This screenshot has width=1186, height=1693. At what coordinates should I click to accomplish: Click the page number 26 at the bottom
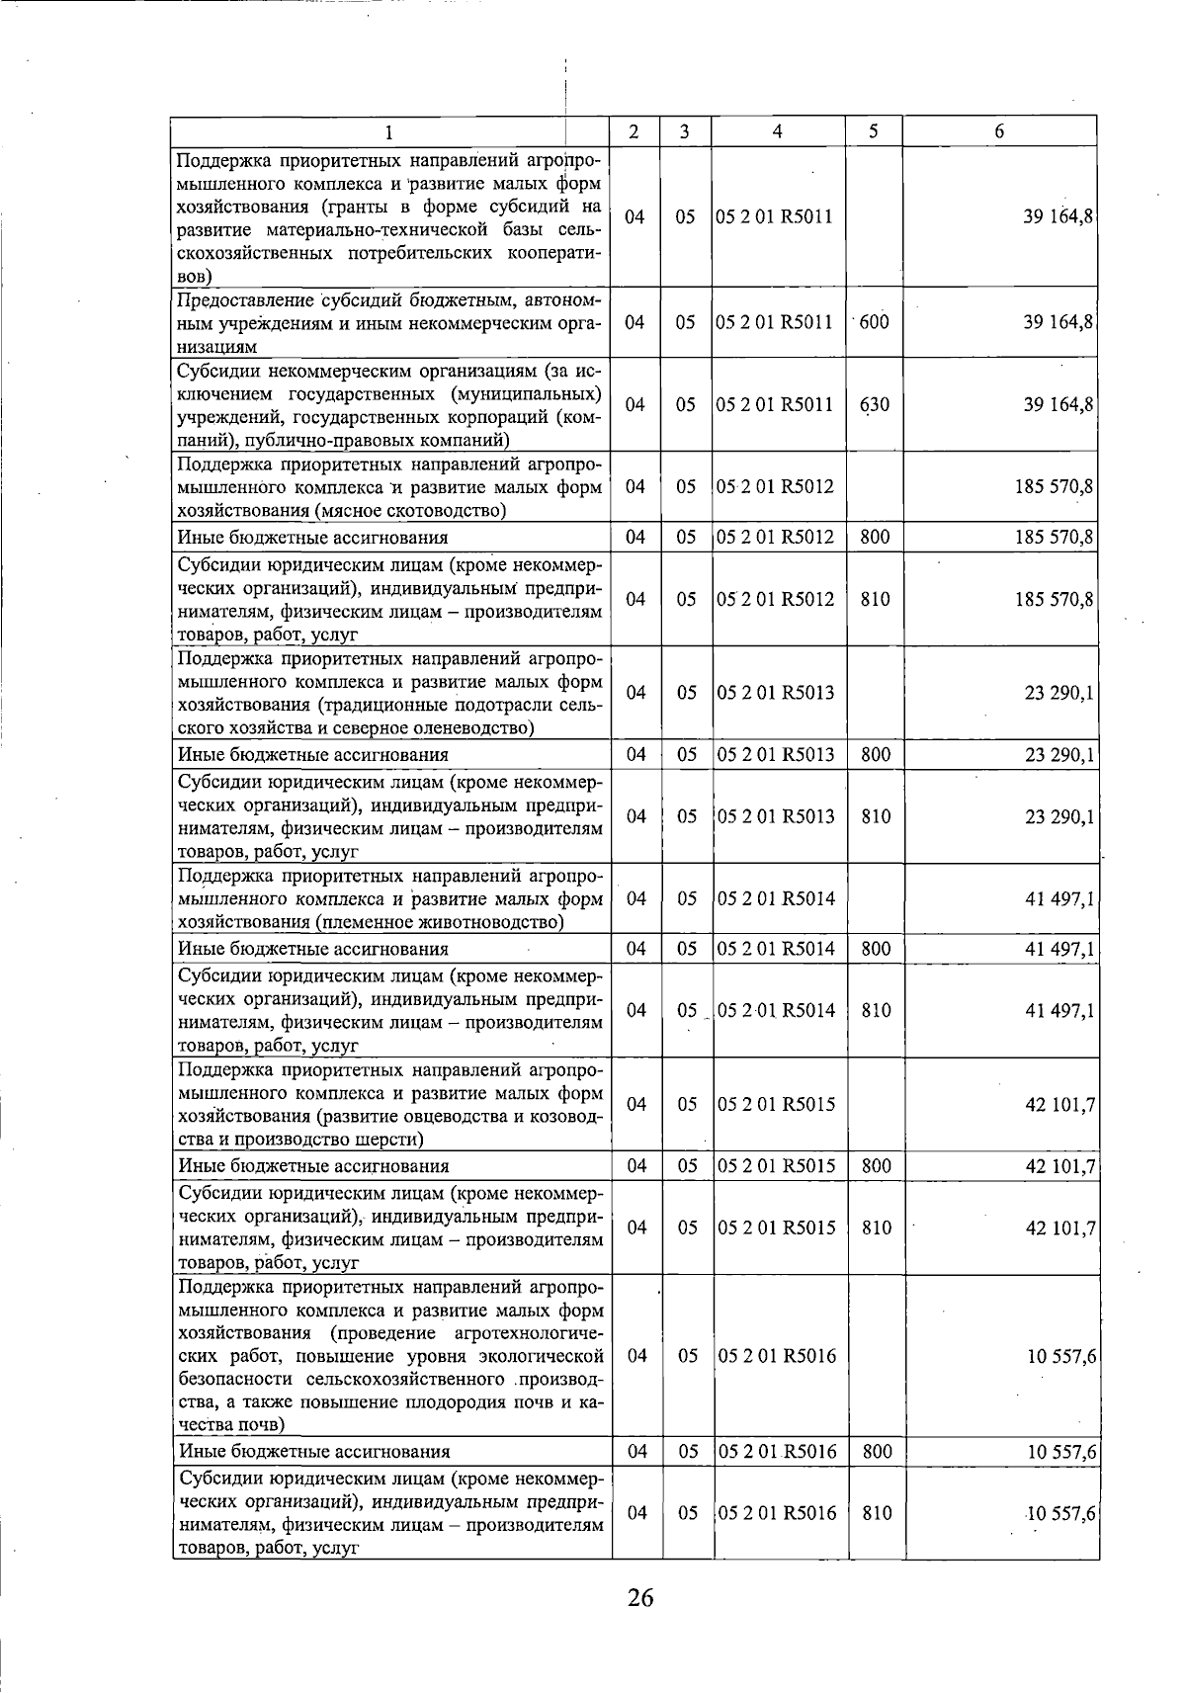[639, 1598]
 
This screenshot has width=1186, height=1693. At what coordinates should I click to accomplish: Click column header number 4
[778, 131]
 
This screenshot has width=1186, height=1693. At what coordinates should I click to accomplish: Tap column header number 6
[999, 131]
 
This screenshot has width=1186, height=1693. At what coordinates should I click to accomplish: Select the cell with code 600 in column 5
[874, 322]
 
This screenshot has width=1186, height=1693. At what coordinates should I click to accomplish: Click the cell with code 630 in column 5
[874, 404]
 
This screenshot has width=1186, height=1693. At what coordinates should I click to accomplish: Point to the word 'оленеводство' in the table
[478, 728]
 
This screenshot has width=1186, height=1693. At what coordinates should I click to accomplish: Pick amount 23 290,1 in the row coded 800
[1059, 755]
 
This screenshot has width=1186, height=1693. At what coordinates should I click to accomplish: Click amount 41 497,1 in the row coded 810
[1059, 1010]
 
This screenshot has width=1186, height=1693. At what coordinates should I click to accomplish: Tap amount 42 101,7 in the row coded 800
[1059, 1166]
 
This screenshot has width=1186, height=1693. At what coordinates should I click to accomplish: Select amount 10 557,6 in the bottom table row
[1059, 1513]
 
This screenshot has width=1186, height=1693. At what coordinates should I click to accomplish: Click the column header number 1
[388, 131]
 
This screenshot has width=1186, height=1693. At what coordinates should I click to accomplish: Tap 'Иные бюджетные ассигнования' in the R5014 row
[312, 949]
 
